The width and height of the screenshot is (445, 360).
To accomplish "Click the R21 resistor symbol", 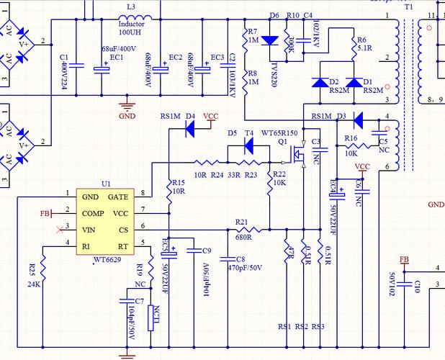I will (242, 230).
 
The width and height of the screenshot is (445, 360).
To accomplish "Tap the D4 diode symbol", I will (191, 128).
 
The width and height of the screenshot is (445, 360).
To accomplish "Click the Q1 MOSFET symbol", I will (300, 153).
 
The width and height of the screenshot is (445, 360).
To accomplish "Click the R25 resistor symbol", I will (43, 272).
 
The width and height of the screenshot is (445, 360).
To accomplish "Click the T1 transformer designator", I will (408, 6).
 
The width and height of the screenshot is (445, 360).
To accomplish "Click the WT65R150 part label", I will (278, 134).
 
